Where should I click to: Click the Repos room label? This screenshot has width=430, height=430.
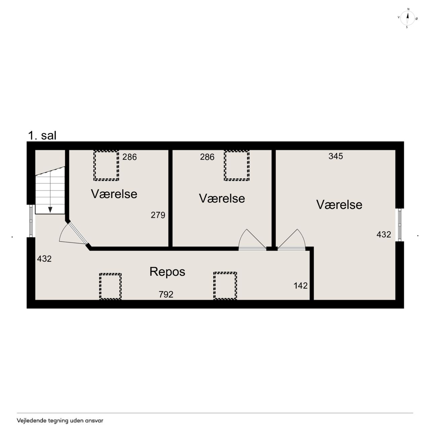(167, 271)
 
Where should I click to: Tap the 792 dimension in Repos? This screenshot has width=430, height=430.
(166, 294)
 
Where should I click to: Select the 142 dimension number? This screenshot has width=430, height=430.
(301, 286)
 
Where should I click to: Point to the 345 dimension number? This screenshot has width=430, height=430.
(336, 156)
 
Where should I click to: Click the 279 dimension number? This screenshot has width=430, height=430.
(158, 215)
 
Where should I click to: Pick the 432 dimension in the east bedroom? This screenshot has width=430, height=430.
(384, 234)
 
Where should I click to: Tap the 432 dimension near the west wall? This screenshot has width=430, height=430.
(44, 259)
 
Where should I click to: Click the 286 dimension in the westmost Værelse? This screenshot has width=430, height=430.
(129, 157)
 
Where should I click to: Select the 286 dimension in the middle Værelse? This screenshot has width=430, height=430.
(207, 157)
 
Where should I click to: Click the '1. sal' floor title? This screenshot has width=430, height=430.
(42, 135)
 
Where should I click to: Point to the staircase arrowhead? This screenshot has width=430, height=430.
(50, 210)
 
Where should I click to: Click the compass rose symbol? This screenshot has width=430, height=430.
(407, 18)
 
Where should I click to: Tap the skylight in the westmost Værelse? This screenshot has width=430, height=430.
(106, 165)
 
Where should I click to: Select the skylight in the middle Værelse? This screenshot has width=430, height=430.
(236, 165)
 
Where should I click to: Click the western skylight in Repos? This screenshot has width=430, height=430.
(110, 286)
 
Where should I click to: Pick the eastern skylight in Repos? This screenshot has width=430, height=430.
(225, 286)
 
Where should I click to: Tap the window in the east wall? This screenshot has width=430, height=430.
(399, 225)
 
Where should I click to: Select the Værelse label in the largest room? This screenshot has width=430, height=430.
(339, 205)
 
